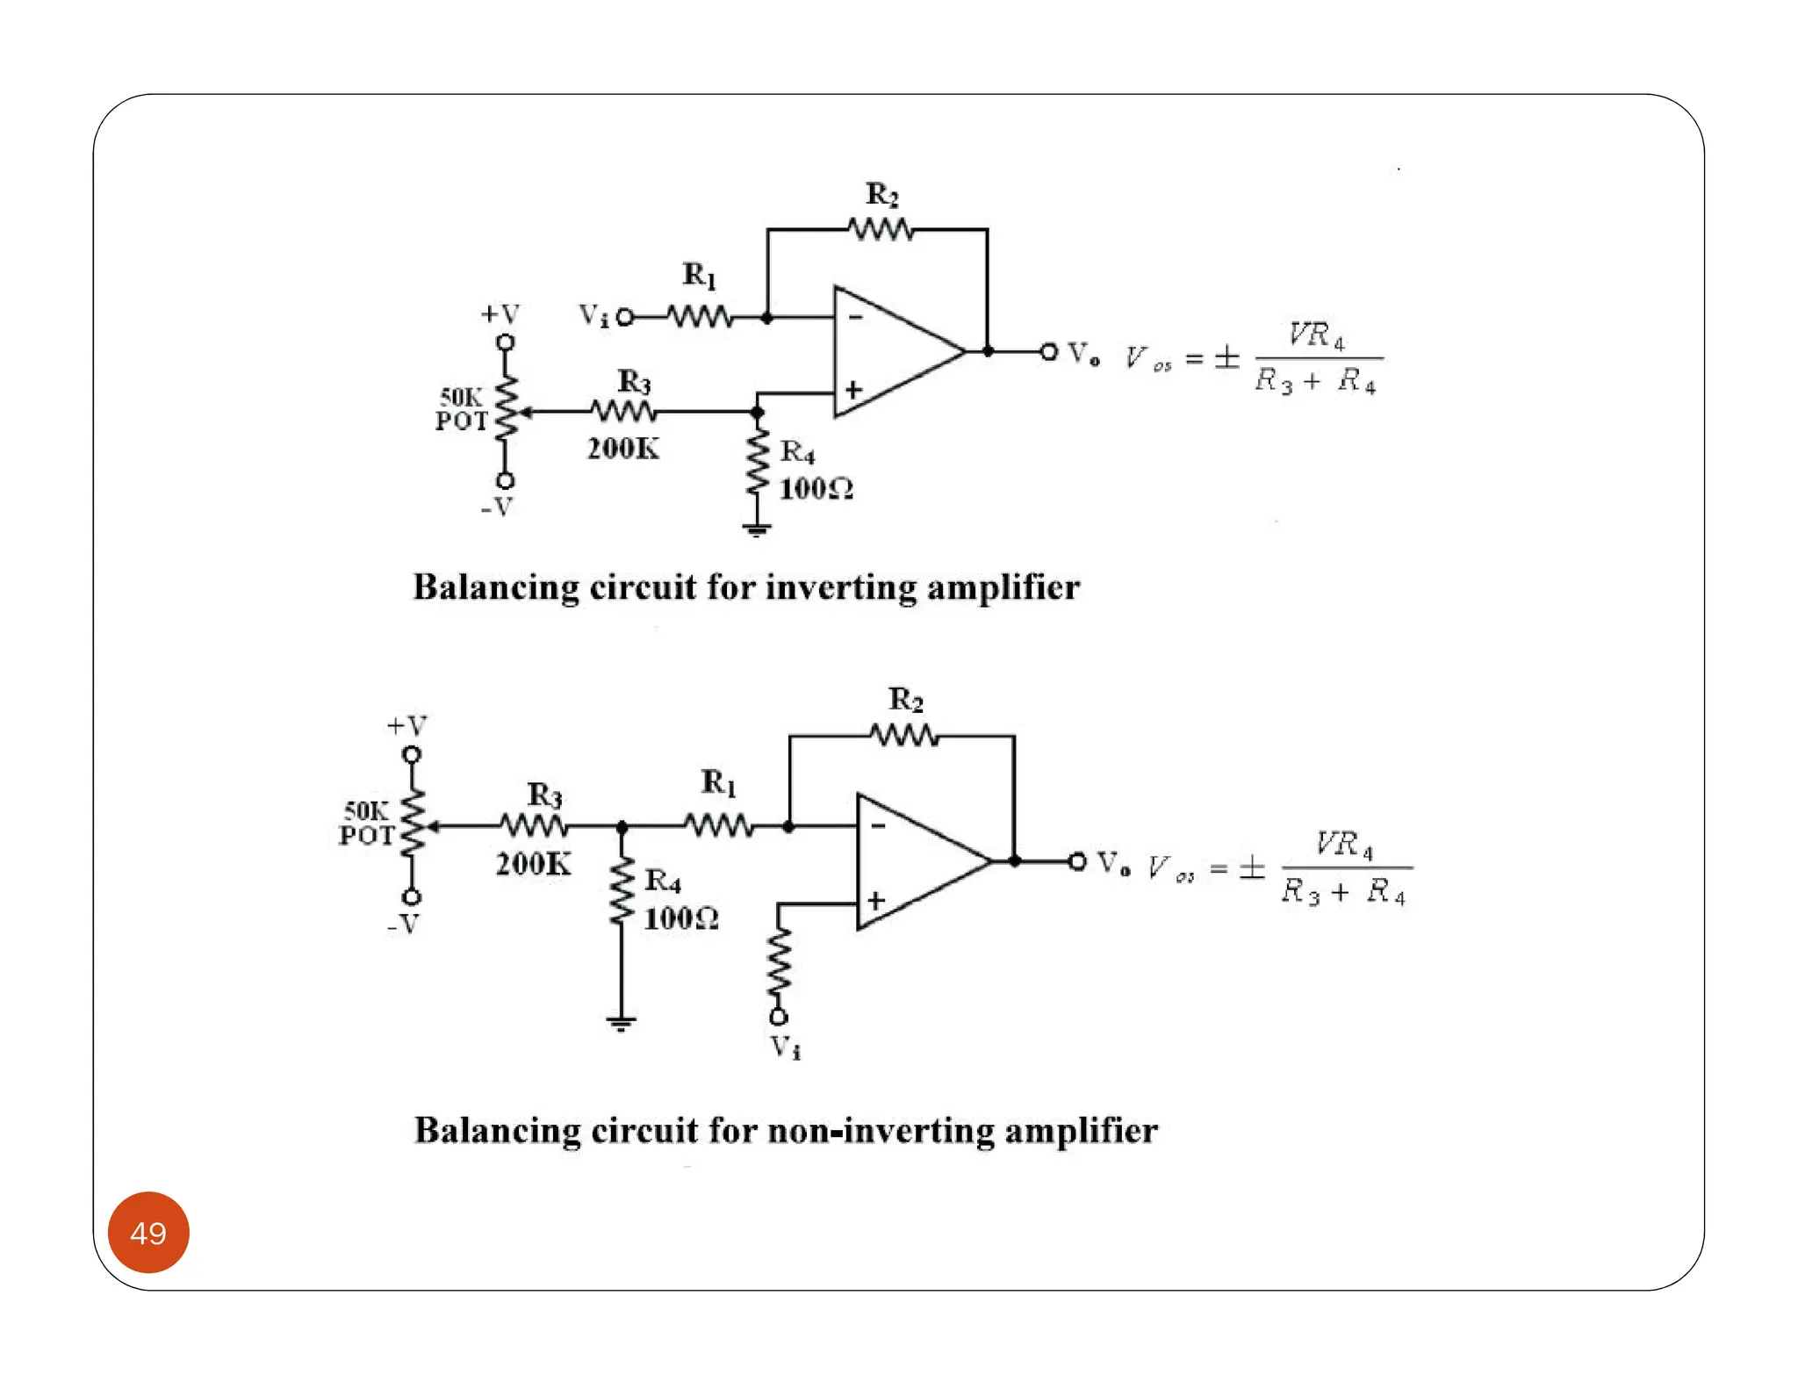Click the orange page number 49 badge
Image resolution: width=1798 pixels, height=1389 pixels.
148,1232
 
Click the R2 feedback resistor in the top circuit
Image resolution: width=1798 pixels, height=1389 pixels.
881,230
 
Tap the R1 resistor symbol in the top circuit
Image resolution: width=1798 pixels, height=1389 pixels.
699,317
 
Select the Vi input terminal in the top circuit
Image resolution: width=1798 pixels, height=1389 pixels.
625,317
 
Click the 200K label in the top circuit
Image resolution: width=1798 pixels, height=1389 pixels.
622,449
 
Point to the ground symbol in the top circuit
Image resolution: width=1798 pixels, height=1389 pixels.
756,529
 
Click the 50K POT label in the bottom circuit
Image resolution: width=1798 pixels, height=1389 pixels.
367,823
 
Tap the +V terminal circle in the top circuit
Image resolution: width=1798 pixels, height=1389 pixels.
505,342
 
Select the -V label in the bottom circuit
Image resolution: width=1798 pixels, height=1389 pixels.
403,924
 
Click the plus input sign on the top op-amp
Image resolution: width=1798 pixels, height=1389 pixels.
852,390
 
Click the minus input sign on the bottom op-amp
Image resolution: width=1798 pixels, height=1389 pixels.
878,826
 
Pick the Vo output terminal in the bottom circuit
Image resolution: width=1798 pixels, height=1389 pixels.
1077,861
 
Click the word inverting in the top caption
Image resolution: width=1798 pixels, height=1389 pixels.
840,587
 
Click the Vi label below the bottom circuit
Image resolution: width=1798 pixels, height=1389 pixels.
785,1047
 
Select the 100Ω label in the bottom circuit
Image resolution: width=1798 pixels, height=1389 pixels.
681,919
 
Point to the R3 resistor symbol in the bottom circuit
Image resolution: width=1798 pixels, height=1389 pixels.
534,825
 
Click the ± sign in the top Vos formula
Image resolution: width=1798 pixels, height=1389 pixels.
1226,357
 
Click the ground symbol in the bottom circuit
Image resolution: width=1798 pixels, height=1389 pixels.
621,1022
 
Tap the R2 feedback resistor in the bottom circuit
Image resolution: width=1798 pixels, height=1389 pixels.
904,736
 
